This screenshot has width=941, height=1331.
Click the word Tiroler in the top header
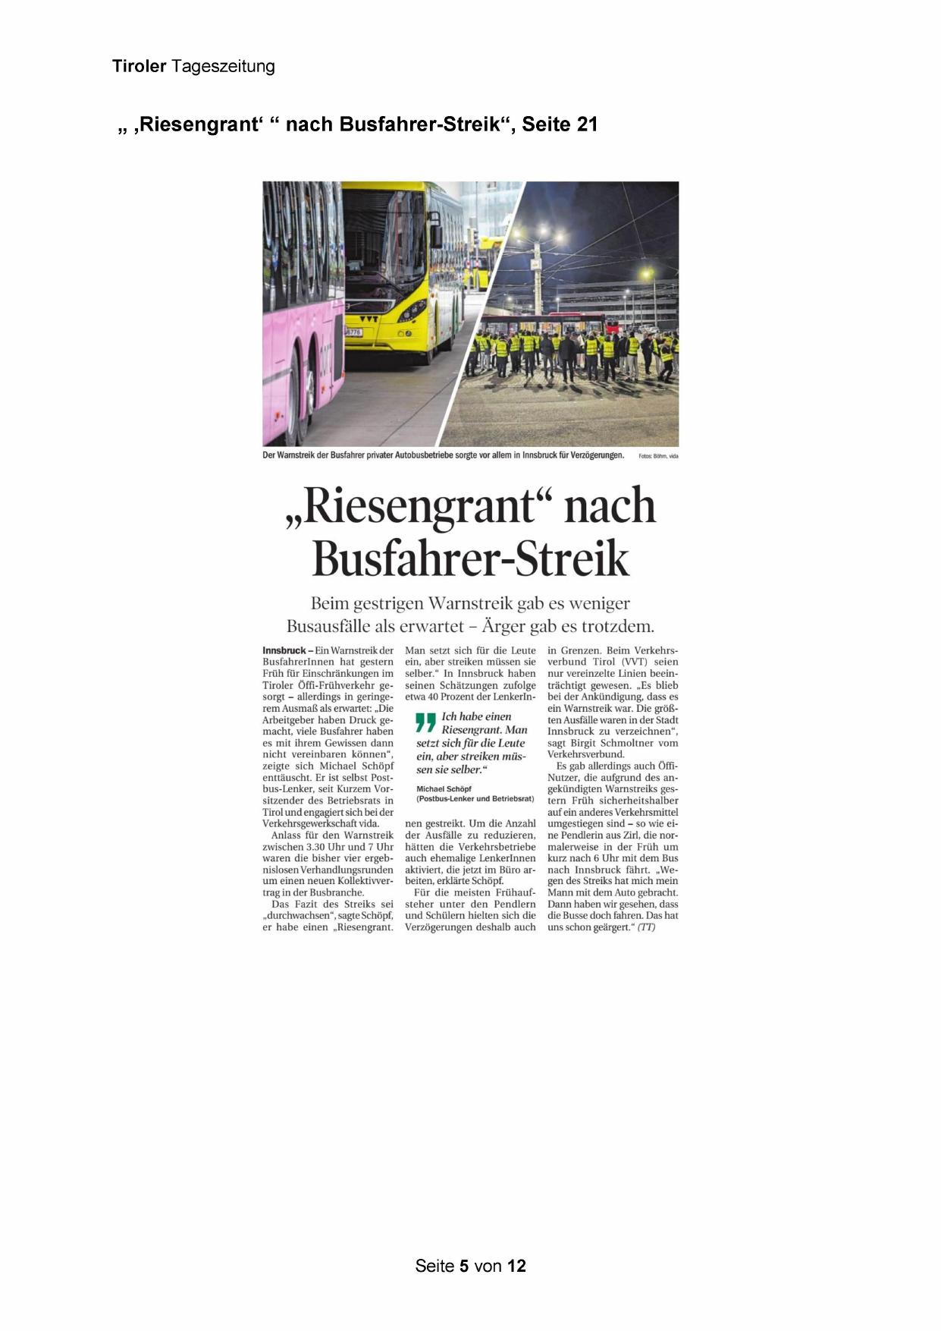click(x=140, y=66)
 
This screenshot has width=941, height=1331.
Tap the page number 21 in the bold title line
click(x=587, y=124)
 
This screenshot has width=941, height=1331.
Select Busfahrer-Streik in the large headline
click(x=470, y=559)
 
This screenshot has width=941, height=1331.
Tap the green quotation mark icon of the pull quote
click(x=427, y=722)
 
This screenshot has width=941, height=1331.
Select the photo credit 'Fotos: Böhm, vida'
click(x=658, y=456)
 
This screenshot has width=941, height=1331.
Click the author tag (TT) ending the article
click(x=646, y=927)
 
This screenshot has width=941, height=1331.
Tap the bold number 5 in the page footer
click(x=464, y=1266)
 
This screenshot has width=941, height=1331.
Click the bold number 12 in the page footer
click(x=516, y=1266)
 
